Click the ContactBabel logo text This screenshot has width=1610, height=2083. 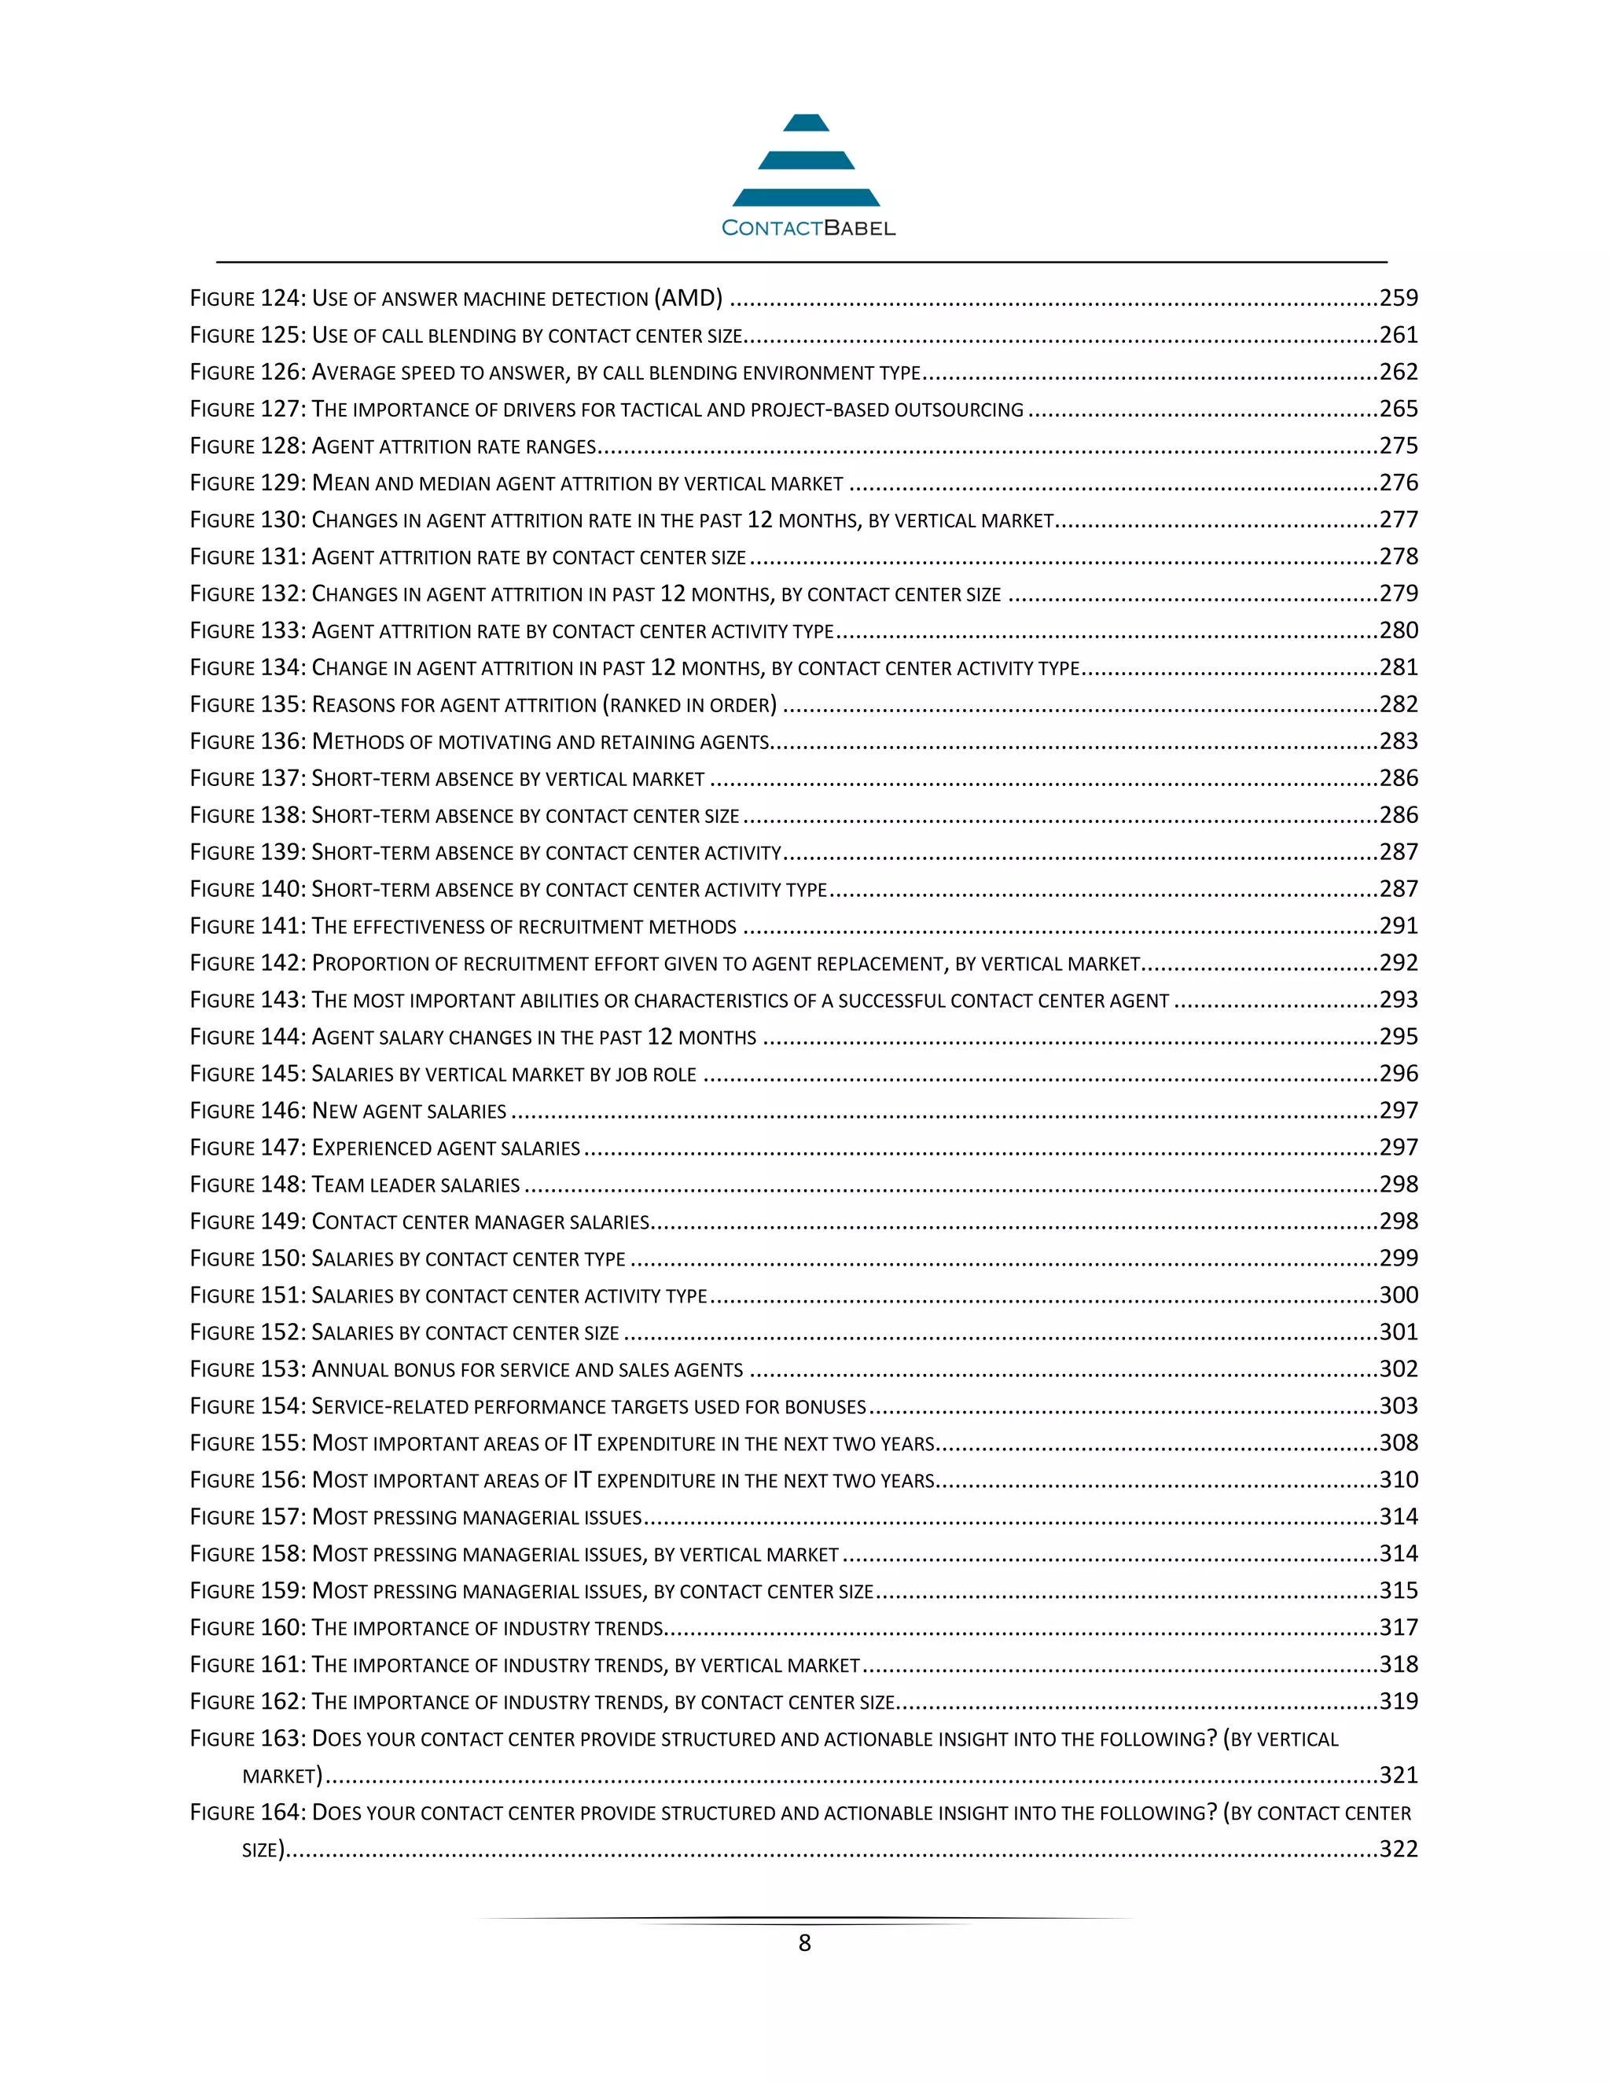808,228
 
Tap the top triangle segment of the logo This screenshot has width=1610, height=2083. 806,123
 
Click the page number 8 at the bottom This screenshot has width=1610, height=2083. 804,1943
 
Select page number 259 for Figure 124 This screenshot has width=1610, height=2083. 1399,299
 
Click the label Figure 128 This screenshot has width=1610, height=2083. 247,446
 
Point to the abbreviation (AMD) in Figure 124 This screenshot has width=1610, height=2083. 688,299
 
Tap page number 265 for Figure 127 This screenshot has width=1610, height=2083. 1399,410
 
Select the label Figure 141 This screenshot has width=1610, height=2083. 247,926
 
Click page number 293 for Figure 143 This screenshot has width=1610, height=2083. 1399,1000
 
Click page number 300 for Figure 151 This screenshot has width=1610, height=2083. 1399,1295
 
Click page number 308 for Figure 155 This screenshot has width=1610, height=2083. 1399,1443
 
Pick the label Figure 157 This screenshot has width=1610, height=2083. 247,1516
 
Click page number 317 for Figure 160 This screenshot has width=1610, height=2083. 1399,1627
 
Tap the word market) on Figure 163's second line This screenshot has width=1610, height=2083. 282,1776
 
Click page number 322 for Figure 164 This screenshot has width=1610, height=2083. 1399,1850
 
